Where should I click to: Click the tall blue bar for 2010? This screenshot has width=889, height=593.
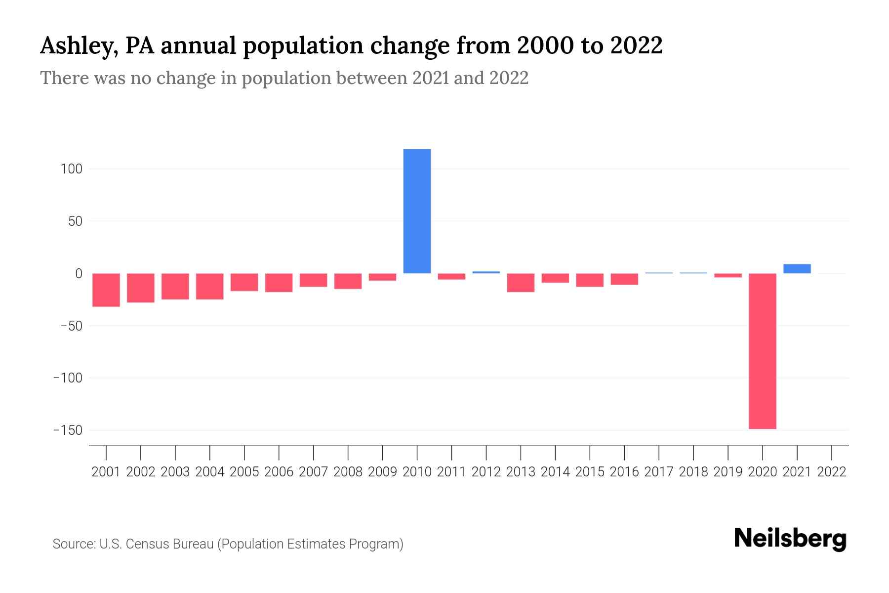click(x=417, y=211)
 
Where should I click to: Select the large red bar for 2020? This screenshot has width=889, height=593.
click(x=762, y=351)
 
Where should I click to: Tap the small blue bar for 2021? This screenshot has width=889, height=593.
click(x=797, y=269)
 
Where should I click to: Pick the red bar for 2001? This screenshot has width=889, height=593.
click(x=106, y=290)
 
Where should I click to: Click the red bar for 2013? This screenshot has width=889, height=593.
click(x=521, y=283)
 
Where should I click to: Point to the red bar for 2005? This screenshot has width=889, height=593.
click(x=244, y=282)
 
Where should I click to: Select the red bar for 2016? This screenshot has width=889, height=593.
click(x=624, y=279)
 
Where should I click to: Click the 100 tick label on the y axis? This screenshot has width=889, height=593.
click(x=71, y=169)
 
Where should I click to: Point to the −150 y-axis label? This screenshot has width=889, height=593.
click(x=68, y=430)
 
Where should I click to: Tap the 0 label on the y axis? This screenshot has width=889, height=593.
click(x=78, y=273)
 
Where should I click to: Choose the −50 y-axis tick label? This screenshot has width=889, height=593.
click(x=71, y=326)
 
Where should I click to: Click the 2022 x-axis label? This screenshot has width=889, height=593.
click(x=832, y=472)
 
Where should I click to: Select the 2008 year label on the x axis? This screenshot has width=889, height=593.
click(x=348, y=472)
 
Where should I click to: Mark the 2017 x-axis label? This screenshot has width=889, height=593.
click(x=659, y=472)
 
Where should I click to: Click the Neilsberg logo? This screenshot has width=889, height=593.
click(x=790, y=539)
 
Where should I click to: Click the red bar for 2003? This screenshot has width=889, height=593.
click(x=175, y=287)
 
